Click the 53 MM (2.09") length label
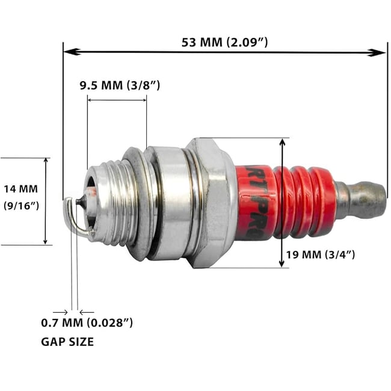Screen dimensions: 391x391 pos(224,43)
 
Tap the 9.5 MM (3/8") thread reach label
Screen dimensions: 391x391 pos(120,85)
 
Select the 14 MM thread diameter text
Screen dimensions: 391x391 pos(20,188)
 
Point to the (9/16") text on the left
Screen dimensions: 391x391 pos(21,206)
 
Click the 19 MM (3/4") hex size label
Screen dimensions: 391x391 pos(320,254)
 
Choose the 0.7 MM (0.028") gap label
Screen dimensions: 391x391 pos(87,323)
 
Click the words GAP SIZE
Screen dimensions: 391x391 pos(67,342)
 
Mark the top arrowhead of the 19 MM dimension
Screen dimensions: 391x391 pos(282,143)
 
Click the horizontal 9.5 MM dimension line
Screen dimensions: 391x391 pos(117,100)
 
